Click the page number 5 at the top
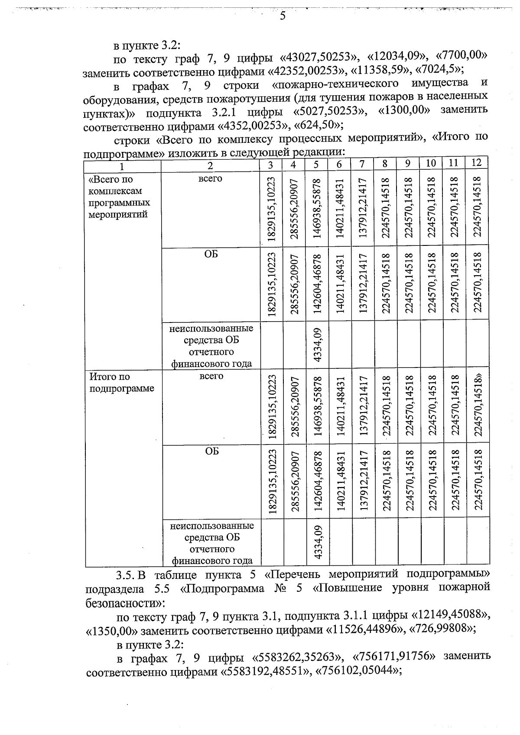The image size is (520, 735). pos(282,16)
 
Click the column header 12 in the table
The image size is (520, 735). pos(476,163)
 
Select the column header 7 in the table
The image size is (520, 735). pos(362,164)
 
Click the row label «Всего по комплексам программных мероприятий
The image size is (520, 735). pos(119,197)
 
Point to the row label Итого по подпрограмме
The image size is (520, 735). pos(121,383)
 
